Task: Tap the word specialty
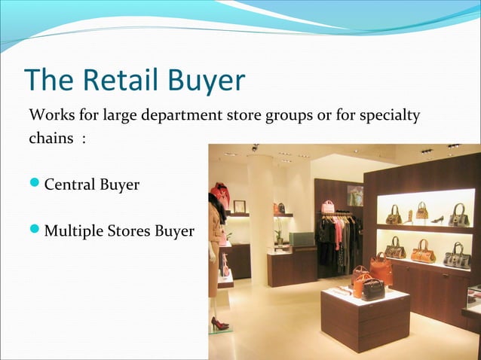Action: [x=384, y=117]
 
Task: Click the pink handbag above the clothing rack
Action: [x=327, y=206]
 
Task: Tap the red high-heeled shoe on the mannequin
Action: [x=219, y=323]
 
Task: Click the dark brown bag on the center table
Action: [x=373, y=289]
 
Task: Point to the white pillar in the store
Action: [x=260, y=218]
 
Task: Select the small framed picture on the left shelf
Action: [x=240, y=206]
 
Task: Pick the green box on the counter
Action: [x=302, y=239]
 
